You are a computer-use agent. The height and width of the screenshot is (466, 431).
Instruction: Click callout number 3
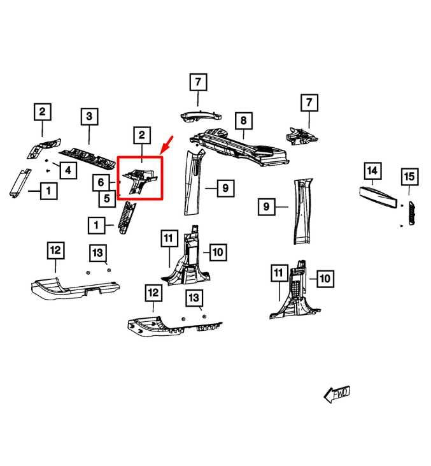[x=89, y=117]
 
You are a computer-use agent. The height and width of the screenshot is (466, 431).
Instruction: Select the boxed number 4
[x=68, y=170]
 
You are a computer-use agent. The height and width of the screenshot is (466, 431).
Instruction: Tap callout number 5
[x=107, y=198]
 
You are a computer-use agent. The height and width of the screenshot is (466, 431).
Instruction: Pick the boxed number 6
[x=101, y=182]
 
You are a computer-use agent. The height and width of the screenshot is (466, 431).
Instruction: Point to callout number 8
[x=244, y=120]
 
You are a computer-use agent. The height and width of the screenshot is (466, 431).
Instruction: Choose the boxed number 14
[x=373, y=171]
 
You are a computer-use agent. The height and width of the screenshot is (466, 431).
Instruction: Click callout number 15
[x=409, y=177]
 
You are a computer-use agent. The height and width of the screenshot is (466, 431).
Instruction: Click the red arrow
[x=166, y=145]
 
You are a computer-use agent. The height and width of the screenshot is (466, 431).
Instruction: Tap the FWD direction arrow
[x=337, y=395]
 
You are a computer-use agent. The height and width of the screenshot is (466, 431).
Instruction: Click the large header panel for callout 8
[x=239, y=147]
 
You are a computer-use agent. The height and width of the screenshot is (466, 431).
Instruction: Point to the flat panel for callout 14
[x=378, y=197]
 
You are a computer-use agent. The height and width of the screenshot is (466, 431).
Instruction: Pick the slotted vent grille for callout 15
[x=412, y=213]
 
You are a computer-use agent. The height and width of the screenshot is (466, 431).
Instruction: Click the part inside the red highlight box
[x=139, y=181]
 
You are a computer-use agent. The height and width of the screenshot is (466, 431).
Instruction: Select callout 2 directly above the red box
[x=142, y=136]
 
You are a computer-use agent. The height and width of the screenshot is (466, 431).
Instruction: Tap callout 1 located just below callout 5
[x=97, y=226]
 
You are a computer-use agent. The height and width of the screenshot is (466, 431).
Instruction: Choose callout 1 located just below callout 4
[x=49, y=191]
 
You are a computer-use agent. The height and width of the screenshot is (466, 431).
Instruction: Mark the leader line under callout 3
[x=89, y=135]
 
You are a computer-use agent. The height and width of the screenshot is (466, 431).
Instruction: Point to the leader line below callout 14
[x=373, y=182]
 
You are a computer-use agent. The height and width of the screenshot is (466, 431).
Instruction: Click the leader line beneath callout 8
[x=244, y=135]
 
